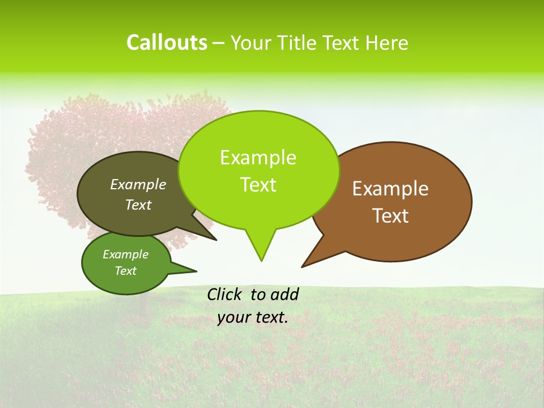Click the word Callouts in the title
pyautogui.click(x=167, y=42)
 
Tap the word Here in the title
pyautogui.click(x=387, y=42)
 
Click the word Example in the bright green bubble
pyautogui.click(x=258, y=158)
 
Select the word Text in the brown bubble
pyautogui.click(x=391, y=216)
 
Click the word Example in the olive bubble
pyautogui.click(x=138, y=184)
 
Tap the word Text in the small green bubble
pyautogui.click(x=126, y=271)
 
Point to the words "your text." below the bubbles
pyautogui.click(x=253, y=317)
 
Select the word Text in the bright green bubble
pyautogui.click(x=258, y=185)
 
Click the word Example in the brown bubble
pyautogui.click(x=390, y=189)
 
